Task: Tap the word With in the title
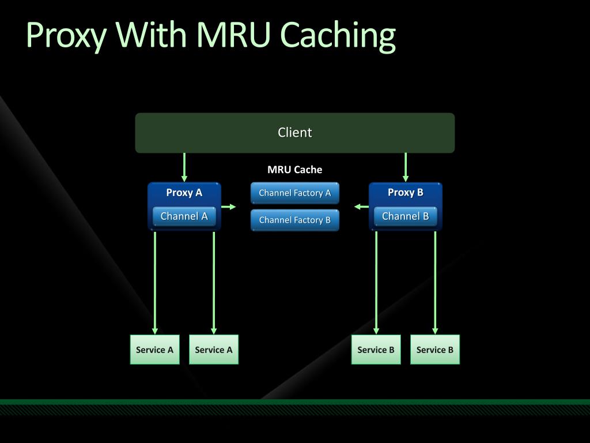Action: coord(151,34)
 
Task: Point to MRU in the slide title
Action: coord(233,34)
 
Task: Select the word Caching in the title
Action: coord(338,36)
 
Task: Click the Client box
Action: coord(294,133)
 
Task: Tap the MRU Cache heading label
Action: coord(294,170)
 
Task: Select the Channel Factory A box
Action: coord(294,193)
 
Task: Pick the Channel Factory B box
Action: coord(294,220)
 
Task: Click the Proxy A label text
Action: coord(184,193)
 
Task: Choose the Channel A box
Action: coord(184,216)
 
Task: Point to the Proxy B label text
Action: coord(405,193)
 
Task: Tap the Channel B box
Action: coord(405,216)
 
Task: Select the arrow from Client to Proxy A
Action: coord(184,167)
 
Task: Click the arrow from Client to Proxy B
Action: coord(405,167)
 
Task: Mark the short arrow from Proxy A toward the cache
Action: coord(228,207)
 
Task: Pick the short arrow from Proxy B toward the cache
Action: coord(361,207)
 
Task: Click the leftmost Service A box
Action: coord(154,350)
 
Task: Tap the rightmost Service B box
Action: coord(434,350)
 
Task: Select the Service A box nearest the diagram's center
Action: coord(214,350)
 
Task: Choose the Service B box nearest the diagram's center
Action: coord(376,350)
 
